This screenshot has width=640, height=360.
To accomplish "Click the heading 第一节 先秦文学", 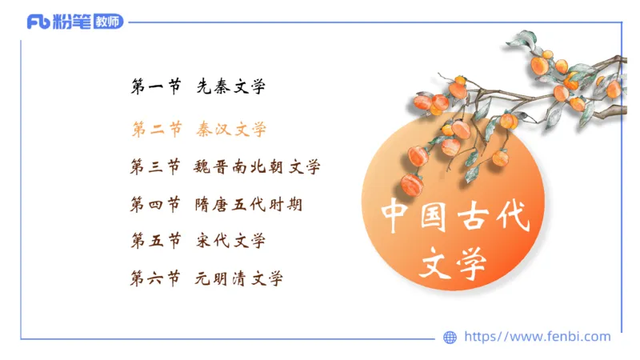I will point(198,87).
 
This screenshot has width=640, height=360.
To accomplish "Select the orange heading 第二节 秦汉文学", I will point(198,129).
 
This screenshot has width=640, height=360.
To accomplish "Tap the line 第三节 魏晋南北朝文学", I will point(225,167).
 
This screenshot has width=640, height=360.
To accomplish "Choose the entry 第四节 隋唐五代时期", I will point(216,205).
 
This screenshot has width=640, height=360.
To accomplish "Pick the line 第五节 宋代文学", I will point(198,241).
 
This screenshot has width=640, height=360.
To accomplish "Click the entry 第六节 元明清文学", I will point(206,278).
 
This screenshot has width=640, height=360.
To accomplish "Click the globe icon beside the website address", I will point(450,338).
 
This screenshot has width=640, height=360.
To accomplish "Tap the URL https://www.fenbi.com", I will point(538,337).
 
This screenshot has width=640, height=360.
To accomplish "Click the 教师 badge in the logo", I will point(108,22).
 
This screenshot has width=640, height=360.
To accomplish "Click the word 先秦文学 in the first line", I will point(231,87).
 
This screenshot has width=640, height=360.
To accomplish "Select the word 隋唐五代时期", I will point(249,205).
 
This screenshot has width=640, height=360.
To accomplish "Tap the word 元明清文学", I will point(239,278).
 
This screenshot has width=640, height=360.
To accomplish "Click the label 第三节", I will point(155,167).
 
